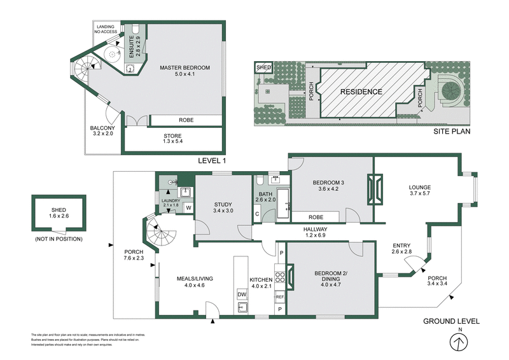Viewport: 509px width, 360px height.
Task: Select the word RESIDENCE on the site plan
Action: point(361,92)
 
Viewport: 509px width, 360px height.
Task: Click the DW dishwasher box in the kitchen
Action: point(242,294)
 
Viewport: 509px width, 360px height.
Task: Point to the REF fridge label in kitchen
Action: point(280,296)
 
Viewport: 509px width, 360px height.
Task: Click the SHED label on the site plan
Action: point(263,67)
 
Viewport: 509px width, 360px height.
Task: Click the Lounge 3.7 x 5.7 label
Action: point(420,191)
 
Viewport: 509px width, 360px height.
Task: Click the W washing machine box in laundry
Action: point(188,208)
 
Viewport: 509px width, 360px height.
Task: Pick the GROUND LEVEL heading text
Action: point(451,321)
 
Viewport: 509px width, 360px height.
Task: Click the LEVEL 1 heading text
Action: point(212,160)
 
